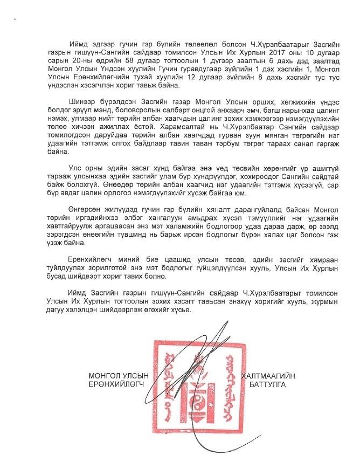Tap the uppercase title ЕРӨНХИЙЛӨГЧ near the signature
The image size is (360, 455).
tap(116, 385)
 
